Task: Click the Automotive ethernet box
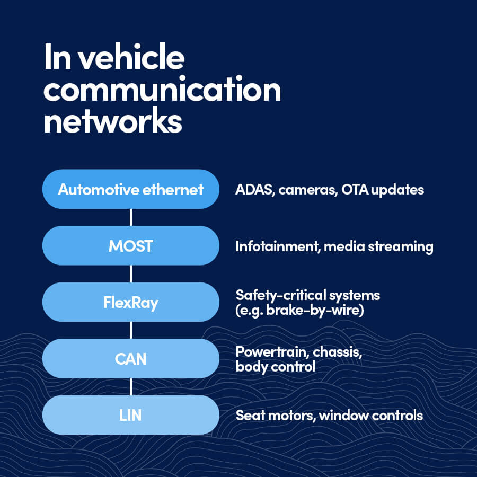coord(130,189)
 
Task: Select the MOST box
coord(130,246)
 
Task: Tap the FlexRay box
coord(130,303)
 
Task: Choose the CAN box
coord(130,359)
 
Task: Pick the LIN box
coord(130,415)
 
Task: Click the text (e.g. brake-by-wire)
coord(299,310)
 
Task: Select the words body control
coord(275,366)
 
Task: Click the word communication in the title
coord(162,90)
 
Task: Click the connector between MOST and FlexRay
coord(131,274)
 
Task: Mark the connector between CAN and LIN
coord(131,387)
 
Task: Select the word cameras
coord(306,190)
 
